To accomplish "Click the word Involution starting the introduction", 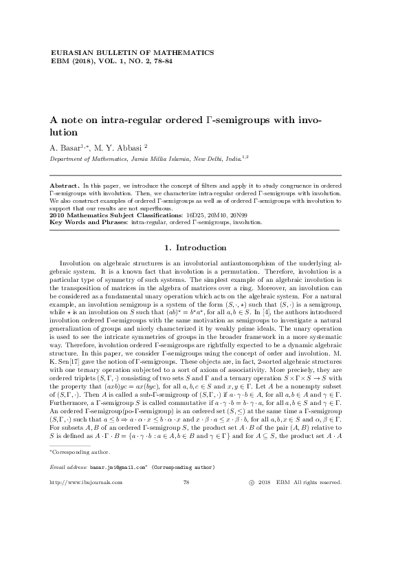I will tap(74, 263).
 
